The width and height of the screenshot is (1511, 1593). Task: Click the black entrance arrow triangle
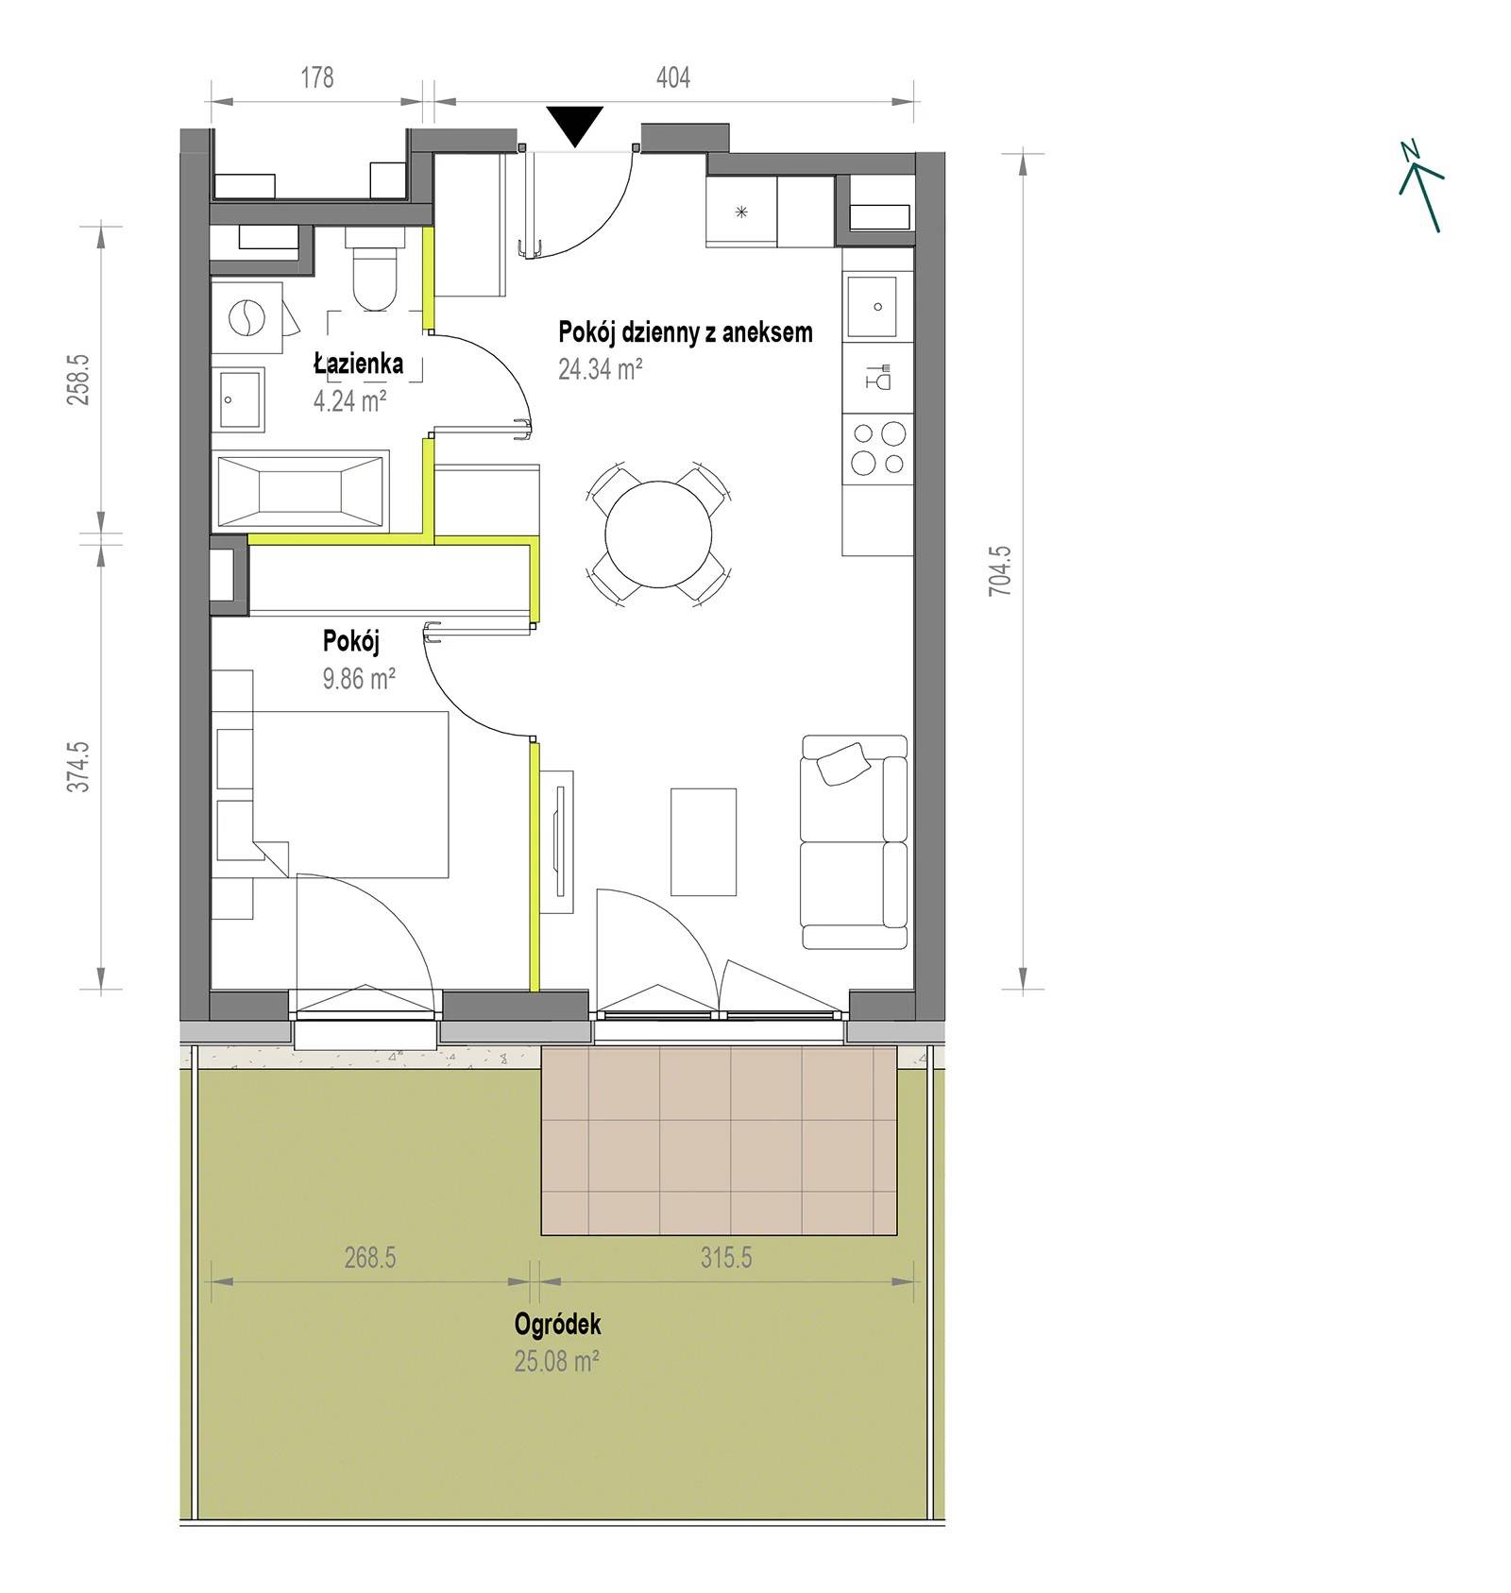click(x=574, y=125)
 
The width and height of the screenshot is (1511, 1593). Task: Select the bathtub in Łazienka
click(x=301, y=488)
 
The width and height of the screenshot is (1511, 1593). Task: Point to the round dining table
click(x=658, y=534)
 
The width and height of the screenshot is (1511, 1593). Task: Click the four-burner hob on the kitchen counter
click(x=878, y=449)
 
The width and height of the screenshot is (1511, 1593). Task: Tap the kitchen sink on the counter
click(x=872, y=307)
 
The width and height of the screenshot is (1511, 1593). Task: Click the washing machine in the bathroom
click(x=246, y=317)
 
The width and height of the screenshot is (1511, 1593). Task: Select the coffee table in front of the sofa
click(x=703, y=841)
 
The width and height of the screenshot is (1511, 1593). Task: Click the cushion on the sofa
click(x=842, y=763)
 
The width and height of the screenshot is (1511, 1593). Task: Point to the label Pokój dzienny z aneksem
click(x=686, y=332)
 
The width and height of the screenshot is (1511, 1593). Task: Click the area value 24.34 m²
click(x=601, y=368)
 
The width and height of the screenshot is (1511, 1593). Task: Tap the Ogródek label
click(x=557, y=1324)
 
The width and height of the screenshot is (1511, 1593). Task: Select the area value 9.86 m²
click(x=359, y=677)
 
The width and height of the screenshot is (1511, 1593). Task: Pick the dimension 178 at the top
click(x=317, y=77)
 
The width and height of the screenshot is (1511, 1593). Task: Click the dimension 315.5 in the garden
click(x=726, y=1258)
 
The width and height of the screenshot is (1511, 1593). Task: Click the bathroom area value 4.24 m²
click(x=349, y=400)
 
